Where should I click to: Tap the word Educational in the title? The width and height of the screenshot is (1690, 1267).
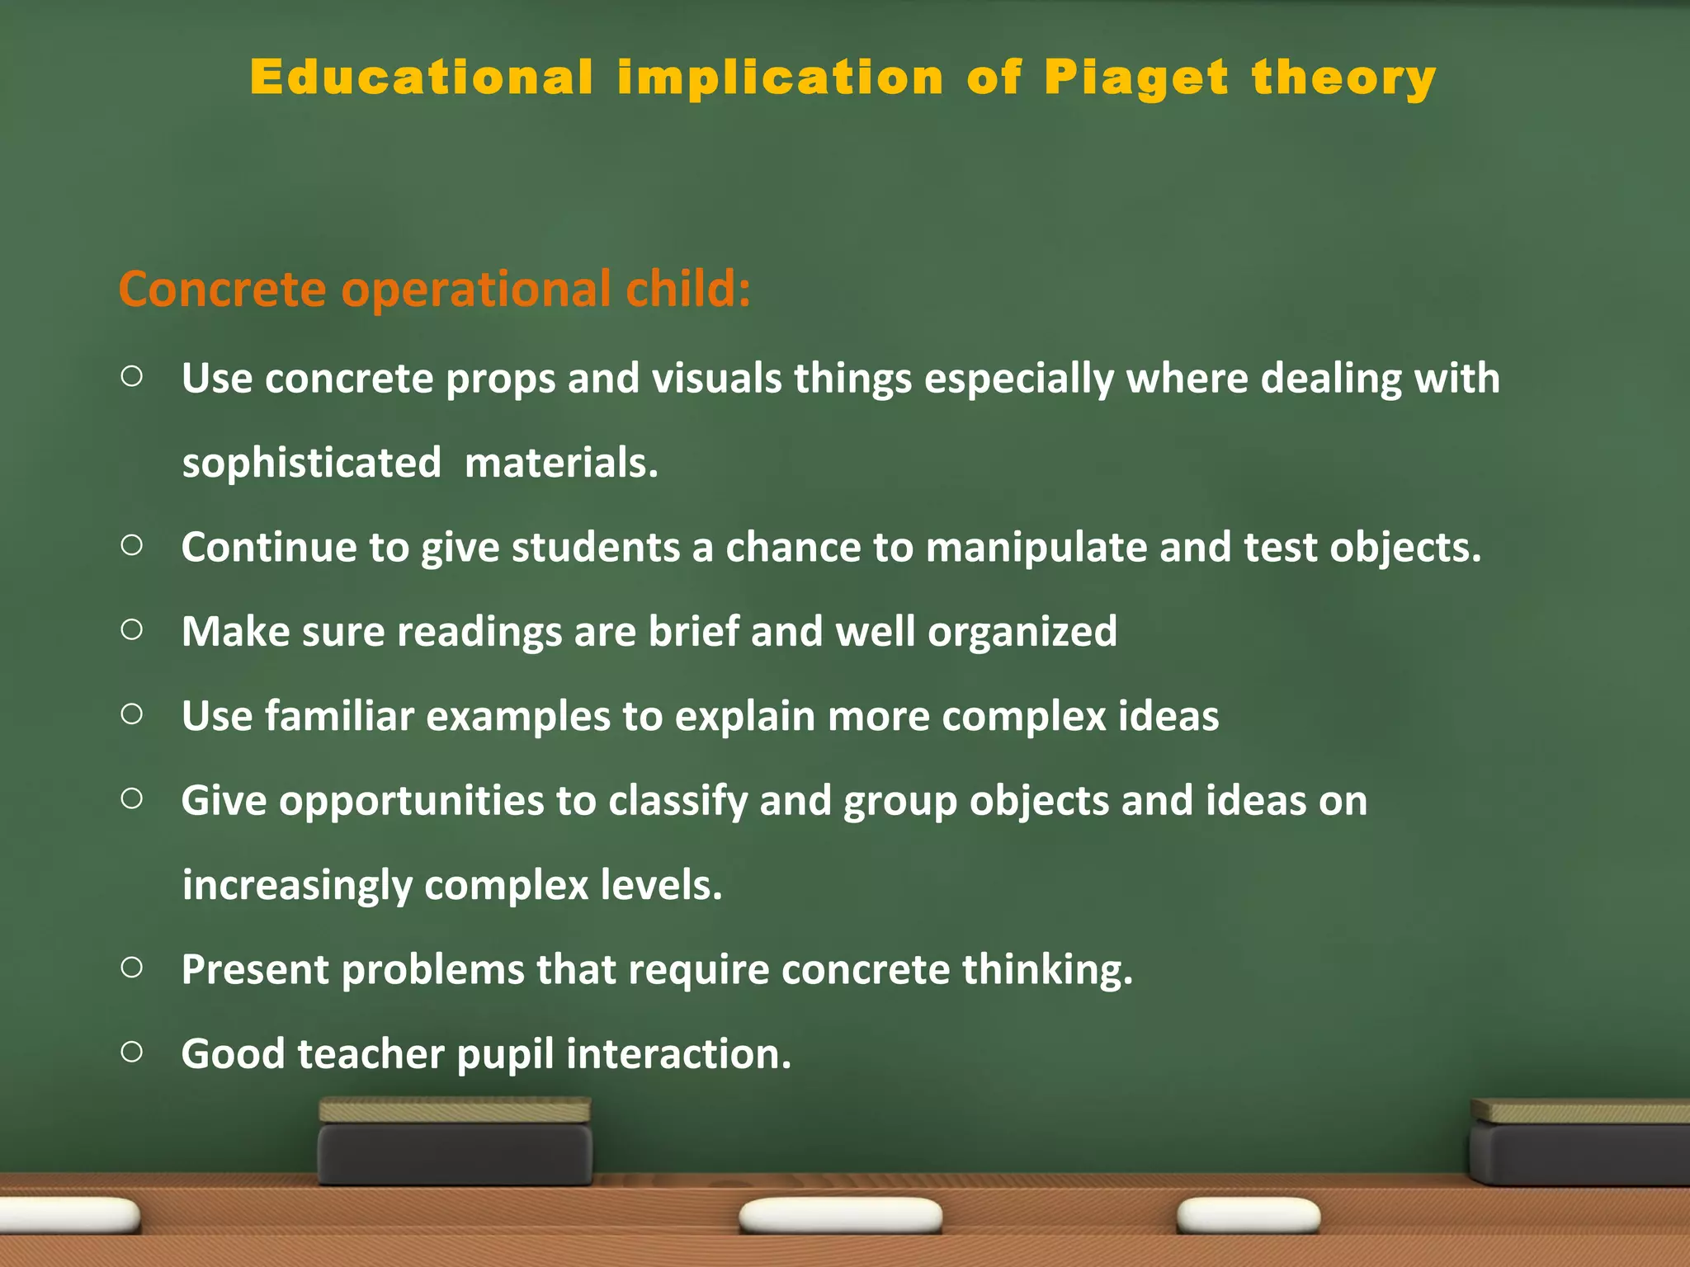(422, 78)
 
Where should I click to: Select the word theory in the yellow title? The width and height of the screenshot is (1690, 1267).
(1344, 78)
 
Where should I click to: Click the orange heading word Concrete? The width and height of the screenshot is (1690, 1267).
(223, 290)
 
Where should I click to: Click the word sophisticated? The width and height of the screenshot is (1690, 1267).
(311, 463)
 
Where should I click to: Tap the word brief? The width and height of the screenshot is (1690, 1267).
(693, 632)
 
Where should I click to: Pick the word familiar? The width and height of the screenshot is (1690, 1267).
(338, 716)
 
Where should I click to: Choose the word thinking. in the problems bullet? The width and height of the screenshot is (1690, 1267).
(1047, 970)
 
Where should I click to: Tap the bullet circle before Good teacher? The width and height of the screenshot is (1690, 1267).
(132, 1052)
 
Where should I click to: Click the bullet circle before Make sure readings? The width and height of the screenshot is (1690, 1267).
(132, 630)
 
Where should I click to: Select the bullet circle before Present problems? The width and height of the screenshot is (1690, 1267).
(132, 968)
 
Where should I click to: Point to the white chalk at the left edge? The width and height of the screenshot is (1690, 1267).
(66, 1216)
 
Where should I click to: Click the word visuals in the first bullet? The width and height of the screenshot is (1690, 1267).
(716, 379)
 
